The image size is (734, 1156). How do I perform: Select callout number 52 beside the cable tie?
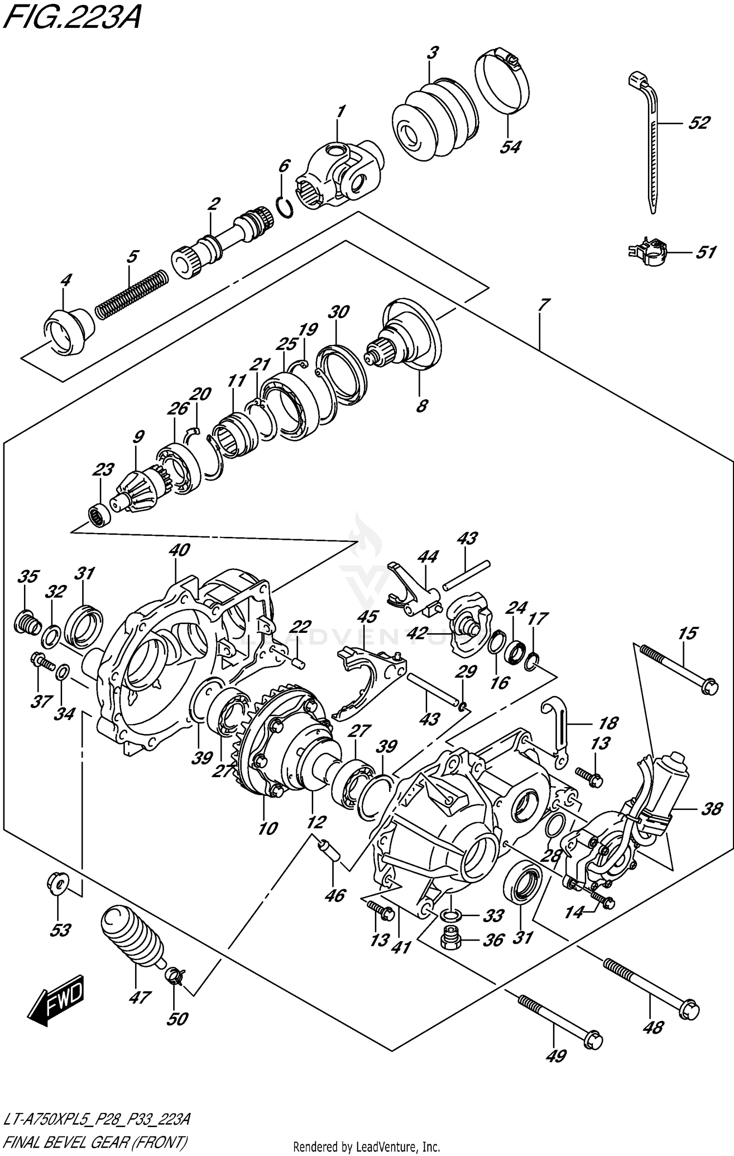tap(698, 123)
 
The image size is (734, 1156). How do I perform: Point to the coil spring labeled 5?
tap(132, 294)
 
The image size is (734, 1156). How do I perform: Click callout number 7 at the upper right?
tap(543, 304)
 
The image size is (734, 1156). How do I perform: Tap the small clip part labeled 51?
tap(647, 252)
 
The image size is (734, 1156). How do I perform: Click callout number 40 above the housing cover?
tap(179, 550)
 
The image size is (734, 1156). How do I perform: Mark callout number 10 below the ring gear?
tap(268, 829)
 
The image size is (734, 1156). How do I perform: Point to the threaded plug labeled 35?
tap(27, 623)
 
